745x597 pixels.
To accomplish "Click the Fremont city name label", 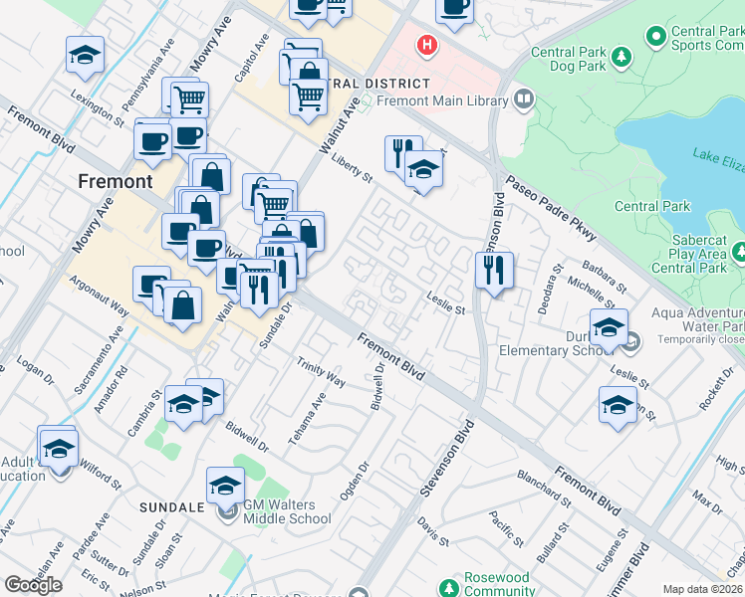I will coord(116,181).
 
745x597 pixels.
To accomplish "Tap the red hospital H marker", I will coord(427,45).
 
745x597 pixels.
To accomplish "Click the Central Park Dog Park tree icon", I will coord(621,58).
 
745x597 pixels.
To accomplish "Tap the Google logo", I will coord(34,585).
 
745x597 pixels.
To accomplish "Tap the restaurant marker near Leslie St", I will coord(494,269).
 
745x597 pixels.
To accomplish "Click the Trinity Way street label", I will coord(321,374).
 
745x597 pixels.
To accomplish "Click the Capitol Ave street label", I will coord(254,59).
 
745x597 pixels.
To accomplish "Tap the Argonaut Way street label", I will coord(100,297).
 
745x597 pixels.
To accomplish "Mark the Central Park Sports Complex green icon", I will coord(656,38).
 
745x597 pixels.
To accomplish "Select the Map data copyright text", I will coord(703,589).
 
